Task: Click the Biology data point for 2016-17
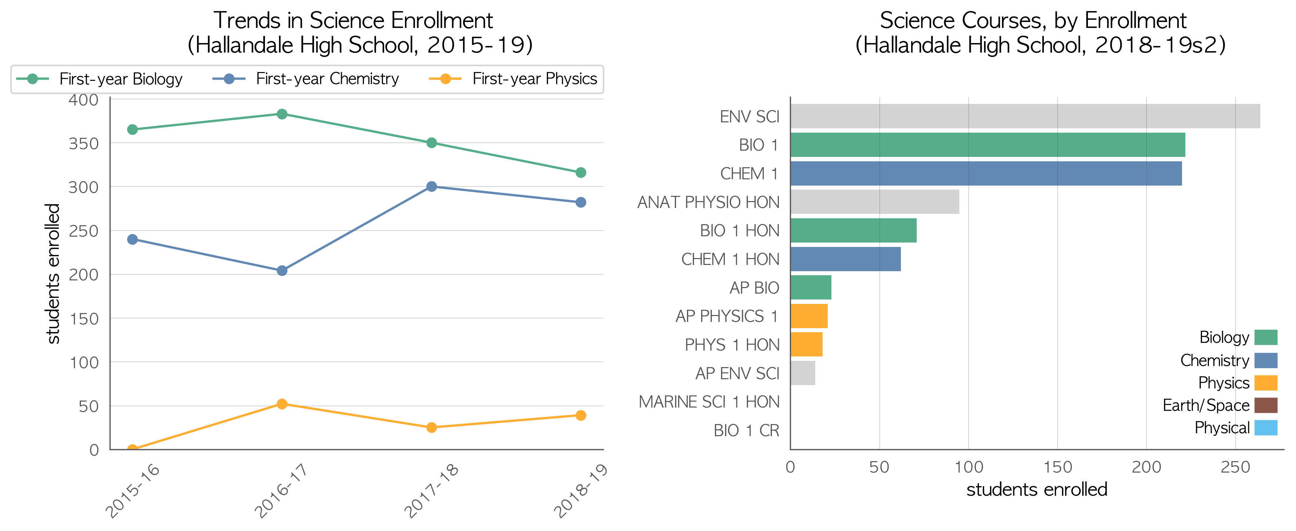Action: [x=282, y=114]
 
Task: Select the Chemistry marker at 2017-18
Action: [x=432, y=187]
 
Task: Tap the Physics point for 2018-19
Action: [x=581, y=415]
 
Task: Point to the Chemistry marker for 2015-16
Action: [x=133, y=239]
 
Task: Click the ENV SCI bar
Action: [x=1025, y=116]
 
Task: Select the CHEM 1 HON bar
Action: [x=846, y=259]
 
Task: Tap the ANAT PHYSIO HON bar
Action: [x=875, y=202]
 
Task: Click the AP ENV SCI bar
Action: [x=803, y=373]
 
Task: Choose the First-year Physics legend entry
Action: [x=513, y=79]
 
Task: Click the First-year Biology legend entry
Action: [x=99, y=79]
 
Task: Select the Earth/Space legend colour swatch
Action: [x=1266, y=405]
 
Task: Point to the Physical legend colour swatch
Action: [x=1266, y=427]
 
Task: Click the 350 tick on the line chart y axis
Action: [x=83, y=143]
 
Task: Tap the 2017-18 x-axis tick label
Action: [x=432, y=490]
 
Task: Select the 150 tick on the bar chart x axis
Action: [x=1057, y=467]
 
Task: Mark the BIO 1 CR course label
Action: [x=747, y=430]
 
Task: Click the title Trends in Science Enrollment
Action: [x=353, y=21]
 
